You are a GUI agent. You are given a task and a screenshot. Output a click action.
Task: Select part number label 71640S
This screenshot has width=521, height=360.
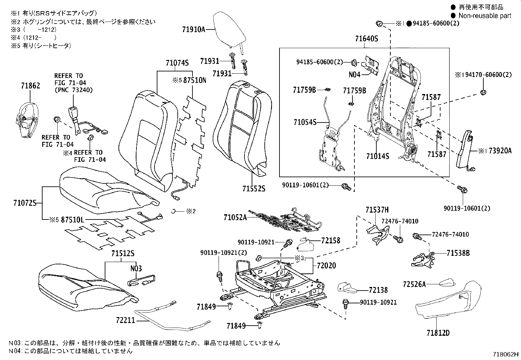click(367, 39)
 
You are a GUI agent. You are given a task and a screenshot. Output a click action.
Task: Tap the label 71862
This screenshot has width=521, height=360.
click(30, 86)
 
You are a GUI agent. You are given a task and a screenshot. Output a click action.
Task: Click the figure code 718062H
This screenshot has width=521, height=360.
click(506, 354)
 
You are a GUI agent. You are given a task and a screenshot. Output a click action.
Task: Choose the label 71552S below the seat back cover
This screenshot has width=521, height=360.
click(254, 189)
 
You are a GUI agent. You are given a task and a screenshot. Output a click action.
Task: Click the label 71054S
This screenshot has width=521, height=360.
click(305, 122)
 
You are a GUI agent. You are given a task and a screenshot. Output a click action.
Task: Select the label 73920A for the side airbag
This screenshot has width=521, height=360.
click(499, 151)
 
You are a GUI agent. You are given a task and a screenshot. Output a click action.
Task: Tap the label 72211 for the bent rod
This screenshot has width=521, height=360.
click(125, 320)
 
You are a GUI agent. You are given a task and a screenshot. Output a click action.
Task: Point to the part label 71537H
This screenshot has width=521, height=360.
click(377, 210)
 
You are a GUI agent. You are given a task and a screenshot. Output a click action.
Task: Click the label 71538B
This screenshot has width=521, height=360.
click(458, 253)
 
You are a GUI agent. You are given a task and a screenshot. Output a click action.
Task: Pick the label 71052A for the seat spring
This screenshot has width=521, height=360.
click(235, 217)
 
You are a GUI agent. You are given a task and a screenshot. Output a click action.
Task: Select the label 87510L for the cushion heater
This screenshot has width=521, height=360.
click(72, 220)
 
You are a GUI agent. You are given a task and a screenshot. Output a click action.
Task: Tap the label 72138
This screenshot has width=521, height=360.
click(378, 290)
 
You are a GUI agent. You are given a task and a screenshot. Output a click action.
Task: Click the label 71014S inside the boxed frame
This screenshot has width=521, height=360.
click(378, 156)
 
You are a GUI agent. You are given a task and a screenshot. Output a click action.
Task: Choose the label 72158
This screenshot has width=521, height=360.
click(331, 240)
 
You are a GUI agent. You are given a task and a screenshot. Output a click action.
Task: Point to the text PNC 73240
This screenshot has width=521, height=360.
click(73, 90)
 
